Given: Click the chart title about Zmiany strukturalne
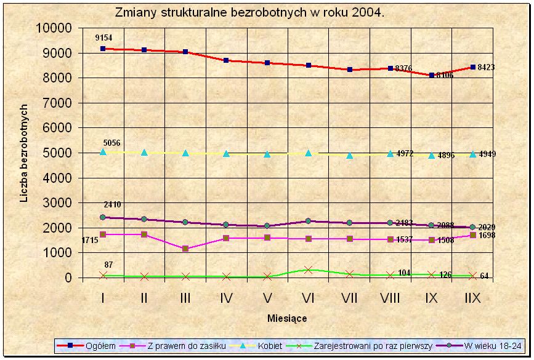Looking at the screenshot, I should coord(249,13).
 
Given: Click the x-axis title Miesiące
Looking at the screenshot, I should coord(287,319).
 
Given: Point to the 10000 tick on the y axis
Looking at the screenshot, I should coord(54,28).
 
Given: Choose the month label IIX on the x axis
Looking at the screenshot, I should coord(472,298).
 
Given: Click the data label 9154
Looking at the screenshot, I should coord(103,38).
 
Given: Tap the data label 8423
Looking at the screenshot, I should coord(486,68).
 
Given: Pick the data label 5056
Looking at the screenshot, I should coord(111,143).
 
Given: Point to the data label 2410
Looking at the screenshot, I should coord(111,205).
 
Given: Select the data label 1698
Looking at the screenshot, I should coord(487,236).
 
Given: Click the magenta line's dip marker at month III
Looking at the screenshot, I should coord(185,249).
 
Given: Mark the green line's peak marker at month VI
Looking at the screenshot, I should coord(309,270).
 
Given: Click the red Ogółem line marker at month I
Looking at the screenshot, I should coord(103,48).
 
